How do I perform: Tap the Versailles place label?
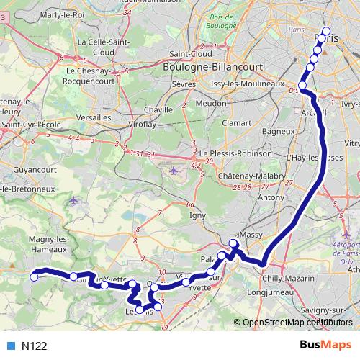coord(94,117)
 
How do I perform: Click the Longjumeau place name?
coord(268,293)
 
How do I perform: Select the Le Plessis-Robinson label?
coord(237,153)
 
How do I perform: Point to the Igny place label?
coord(198,214)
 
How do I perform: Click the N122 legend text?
coord(35,346)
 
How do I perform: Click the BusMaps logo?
coord(325,346)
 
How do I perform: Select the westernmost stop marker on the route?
coord(33,276)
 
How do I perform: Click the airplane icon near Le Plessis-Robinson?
coord(174,171)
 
